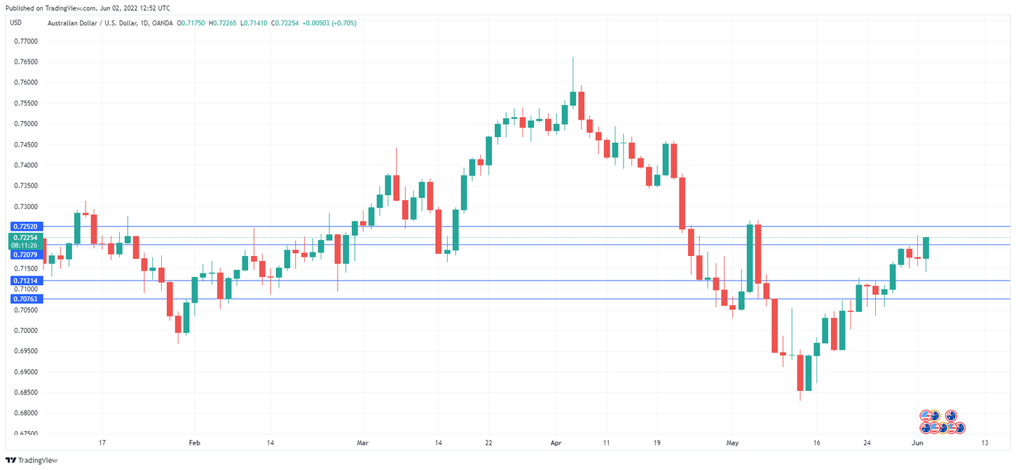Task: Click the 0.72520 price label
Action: click(25, 227)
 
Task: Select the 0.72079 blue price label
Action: click(25, 255)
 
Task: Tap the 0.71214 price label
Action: click(25, 281)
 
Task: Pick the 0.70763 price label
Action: click(25, 298)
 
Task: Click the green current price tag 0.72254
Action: click(25, 237)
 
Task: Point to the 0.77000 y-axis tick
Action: click(26, 41)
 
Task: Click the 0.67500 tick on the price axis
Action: click(26, 434)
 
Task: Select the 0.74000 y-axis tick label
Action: click(26, 165)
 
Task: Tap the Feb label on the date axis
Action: click(193, 442)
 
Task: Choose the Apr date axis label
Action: click(557, 442)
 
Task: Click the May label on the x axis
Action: click(732, 442)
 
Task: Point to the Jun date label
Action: click(917, 442)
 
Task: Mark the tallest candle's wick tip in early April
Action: click(573, 58)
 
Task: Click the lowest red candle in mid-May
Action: click(800, 373)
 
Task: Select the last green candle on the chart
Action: click(926, 248)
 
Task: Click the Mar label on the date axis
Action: click(363, 442)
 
